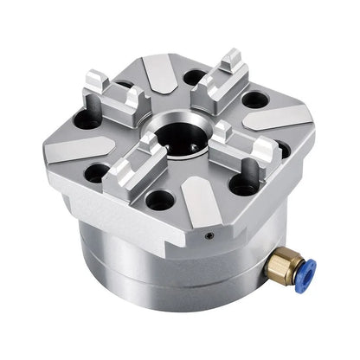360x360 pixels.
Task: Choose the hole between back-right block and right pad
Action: coord(253,100)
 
